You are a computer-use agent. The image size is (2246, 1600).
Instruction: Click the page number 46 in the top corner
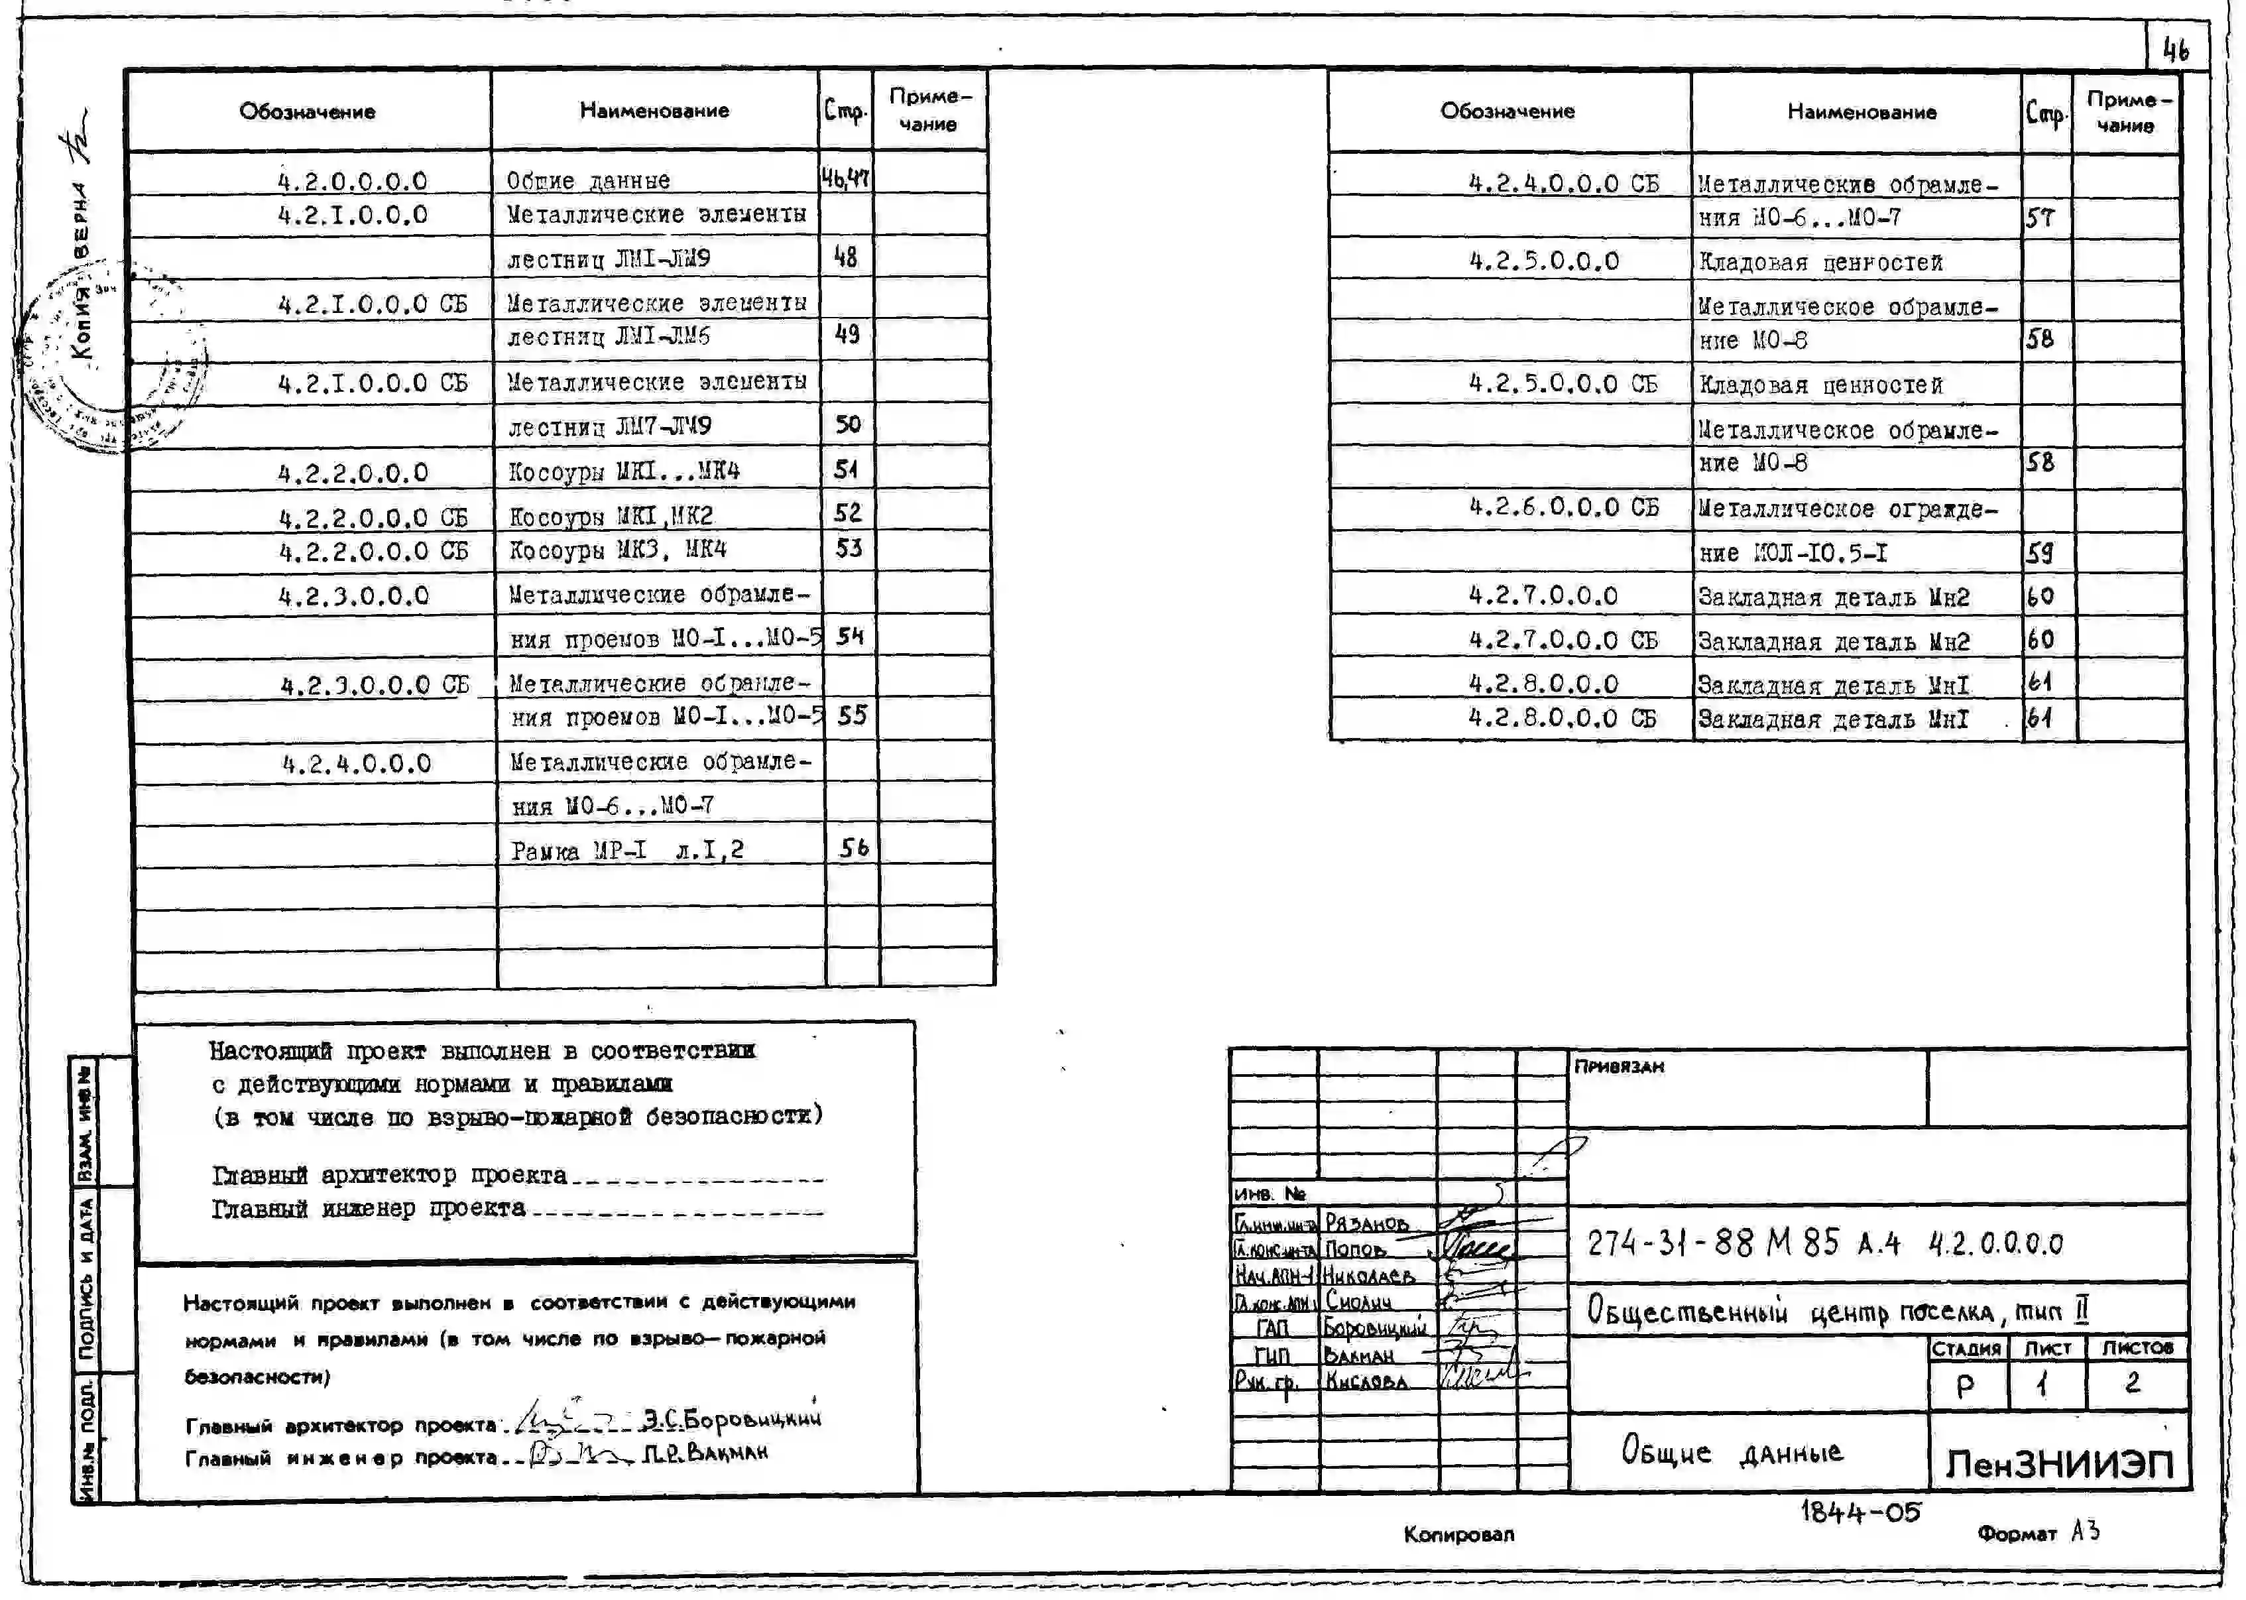pyautogui.click(x=2175, y=49)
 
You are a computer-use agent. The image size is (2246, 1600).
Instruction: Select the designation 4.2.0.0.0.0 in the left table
pyautogui.click(x=353, y=181)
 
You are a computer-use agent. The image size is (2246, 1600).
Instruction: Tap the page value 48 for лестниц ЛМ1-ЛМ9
pyautogui.click(x=845, y=257)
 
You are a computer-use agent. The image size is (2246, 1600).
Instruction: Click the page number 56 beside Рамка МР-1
pyautogui.click(x=853, y=848)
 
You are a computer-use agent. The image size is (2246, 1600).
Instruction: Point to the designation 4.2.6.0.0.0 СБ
pyautogui.click(x=1563, y=507)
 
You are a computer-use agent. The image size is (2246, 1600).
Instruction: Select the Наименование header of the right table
pyautogui.click(x=1861, y=112)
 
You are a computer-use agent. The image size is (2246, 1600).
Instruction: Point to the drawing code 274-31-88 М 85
pyautogui.click(x=1714, y=1243)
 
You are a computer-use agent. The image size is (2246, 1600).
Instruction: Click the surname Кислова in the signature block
pyautogui.click(x=1366, y=1381)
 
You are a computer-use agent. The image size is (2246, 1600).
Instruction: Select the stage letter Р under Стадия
pyautogui.click(x=1965, y=1385)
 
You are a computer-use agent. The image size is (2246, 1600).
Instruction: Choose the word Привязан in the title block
pyautogui.click(x=1618, y=1067)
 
